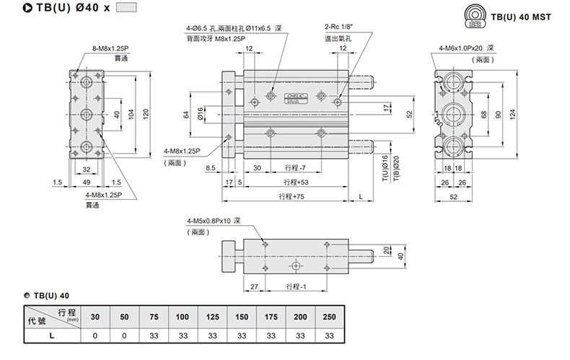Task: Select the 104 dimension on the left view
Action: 131,114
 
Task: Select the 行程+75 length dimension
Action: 291,196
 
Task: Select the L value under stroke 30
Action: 95,335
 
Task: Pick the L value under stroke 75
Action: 153,335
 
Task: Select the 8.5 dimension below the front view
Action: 211,168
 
